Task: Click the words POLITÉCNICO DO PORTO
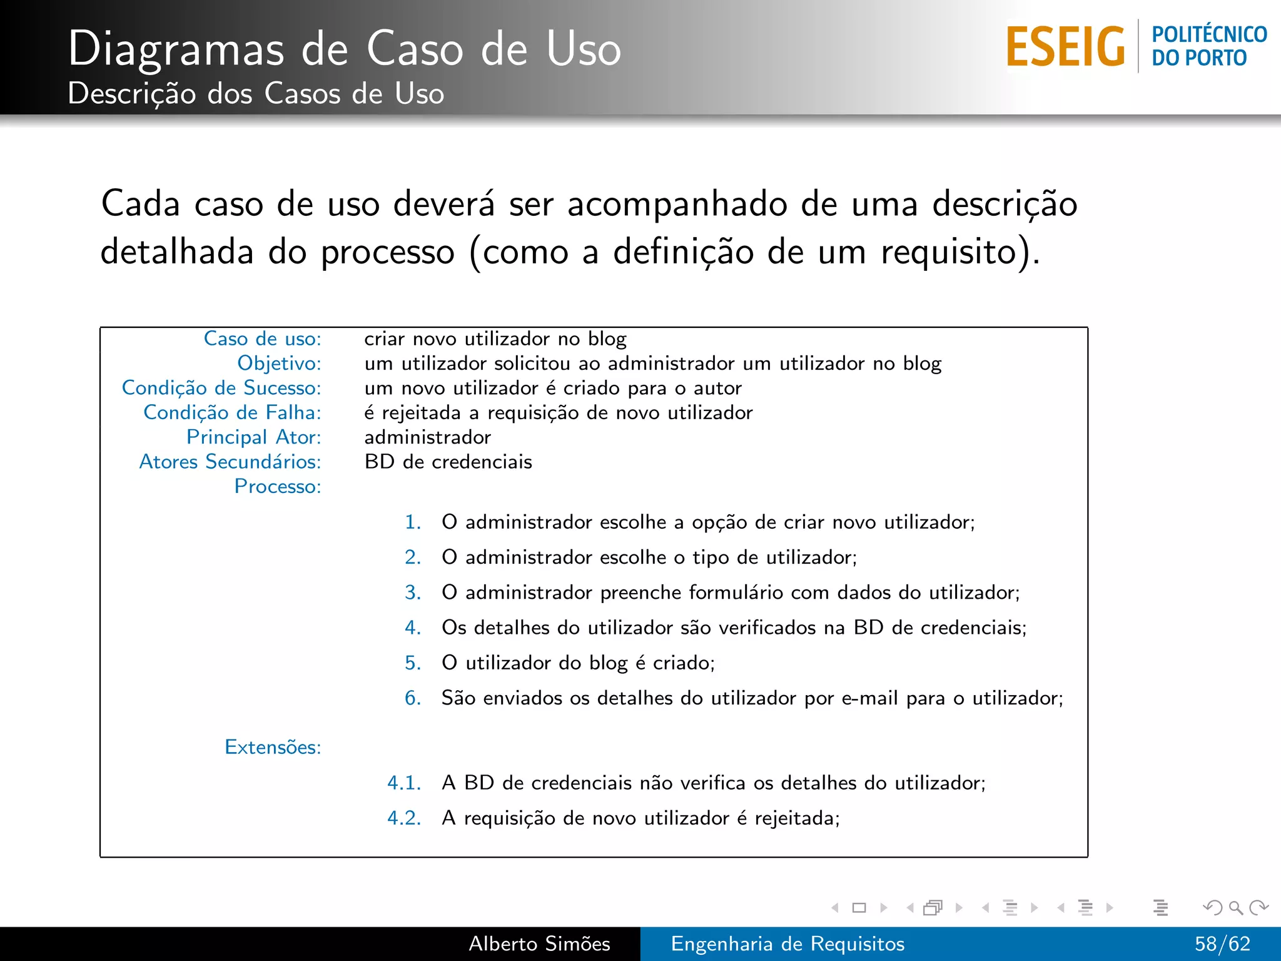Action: click(x=1208, y=46)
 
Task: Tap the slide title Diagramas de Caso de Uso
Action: click(x=344, y=49)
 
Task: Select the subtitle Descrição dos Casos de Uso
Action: click(x=256, y=94)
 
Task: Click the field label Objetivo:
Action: click(x=279, y=363)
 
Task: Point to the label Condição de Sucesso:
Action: click(x=221, y=388)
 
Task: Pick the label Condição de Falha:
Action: click(x=232, y=412)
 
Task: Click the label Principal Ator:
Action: click(x=253, y=437)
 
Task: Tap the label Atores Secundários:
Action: click(x=230, y=462)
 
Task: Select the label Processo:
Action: click(x=278, y=486)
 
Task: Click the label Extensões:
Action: click(x=273, y=747)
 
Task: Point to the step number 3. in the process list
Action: click(x=413, y=592)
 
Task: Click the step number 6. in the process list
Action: click(x=413, y=698)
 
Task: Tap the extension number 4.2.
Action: click(x=404, y=818)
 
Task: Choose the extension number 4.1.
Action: click(x=404, y=783)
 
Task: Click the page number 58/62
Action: click(x=1222, y=943)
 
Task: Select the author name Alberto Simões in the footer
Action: click(x=539, y=943)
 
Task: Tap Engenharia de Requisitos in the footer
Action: click(x=787, y=943)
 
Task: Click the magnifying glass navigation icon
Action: click(x=1235, y=907)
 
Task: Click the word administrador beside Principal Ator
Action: click(x=428, y=437)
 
